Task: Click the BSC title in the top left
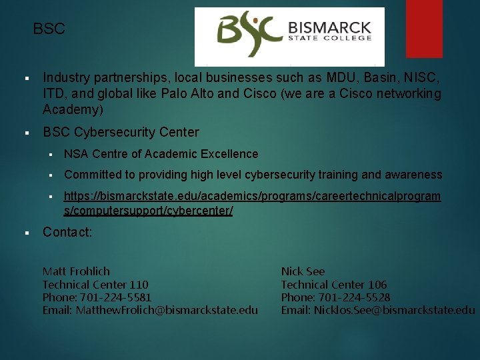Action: pos(49,29)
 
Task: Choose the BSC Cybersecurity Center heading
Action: pos(121,132)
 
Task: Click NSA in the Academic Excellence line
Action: pos(76,154)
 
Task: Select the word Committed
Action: pos(92,175)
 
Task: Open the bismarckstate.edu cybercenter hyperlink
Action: pos(252,203)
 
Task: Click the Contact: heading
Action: pos(67,232)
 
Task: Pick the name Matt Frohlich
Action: pos(76,271)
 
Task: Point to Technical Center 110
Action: pos(95,285)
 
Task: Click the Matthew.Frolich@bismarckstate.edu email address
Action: pos(167,310)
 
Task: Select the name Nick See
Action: pos(303,271)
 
